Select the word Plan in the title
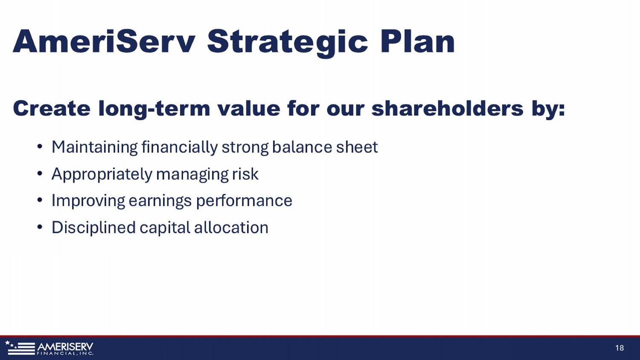click(417, 41)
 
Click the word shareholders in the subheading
click(448, 108)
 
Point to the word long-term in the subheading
click(154, 109)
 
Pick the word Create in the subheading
click(52, 108)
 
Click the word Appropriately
click(102, 174)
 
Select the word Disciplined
click(93, 228)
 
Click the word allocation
click(231, 227)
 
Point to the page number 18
click(620, 348)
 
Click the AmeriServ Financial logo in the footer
click(49, 348)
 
